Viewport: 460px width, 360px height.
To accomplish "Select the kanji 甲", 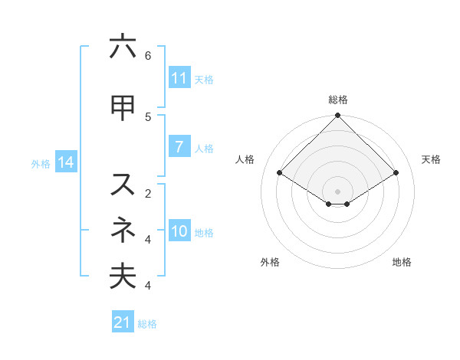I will tap(123, 108).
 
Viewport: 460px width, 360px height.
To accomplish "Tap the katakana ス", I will tap(123, 185).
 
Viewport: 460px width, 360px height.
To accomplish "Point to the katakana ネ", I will tap(123, 229).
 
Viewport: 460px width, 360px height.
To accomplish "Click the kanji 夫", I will tap(123, 276).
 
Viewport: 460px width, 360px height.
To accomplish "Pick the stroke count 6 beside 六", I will tap(148, 56).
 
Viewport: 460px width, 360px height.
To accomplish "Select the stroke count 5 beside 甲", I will tap(148, 116).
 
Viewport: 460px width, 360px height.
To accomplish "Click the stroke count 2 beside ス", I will tap(148, 193).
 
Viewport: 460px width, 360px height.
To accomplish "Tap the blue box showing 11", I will tap(179, 77).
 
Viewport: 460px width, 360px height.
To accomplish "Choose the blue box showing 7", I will tap(179, 146).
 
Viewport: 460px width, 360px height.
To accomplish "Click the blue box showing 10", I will tap(179, 231).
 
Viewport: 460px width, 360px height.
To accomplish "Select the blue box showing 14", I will tap(65, 162).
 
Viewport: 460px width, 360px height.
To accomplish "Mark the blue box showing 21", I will tap(123, 322).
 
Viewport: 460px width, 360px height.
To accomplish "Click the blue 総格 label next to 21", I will tap(147, 324).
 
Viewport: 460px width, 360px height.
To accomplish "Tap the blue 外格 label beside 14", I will tap(41, 163).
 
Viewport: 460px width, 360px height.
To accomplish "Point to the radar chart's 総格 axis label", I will tap(338, 100).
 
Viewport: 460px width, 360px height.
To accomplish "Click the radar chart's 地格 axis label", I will tap(402, 262).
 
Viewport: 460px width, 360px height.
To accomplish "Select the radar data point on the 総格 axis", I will tap(338, 116).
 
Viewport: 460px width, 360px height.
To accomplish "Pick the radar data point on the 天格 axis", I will tap(396, 173).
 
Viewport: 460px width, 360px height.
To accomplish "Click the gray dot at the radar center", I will tap(337, 190).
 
